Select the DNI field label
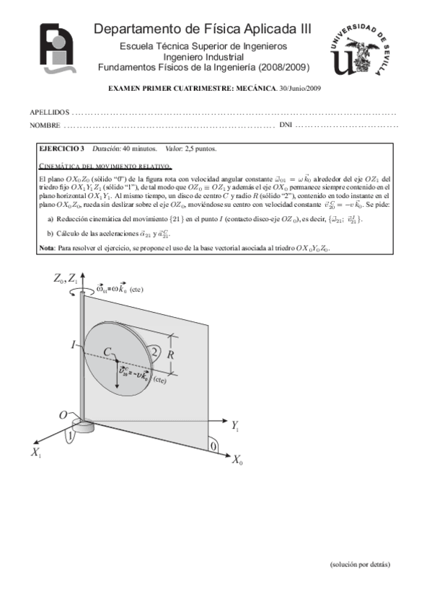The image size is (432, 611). pyautogui.click(x=285, y=126)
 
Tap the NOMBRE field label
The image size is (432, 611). pyautogui.click(x=44, y=126)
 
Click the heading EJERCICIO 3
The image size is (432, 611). pyautogui.click(x=61, y=149)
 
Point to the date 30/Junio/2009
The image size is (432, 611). pyautogui.click(x=300, y=88)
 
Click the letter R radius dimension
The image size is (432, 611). pyautogui.click(x=171, y=355)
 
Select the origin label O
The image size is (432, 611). pyautogui.click(x=63, y=416)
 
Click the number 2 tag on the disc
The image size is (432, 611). pyautogui.click(x=155, y=352)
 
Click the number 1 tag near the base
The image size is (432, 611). pyautogui.click(x=69, y=436)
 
